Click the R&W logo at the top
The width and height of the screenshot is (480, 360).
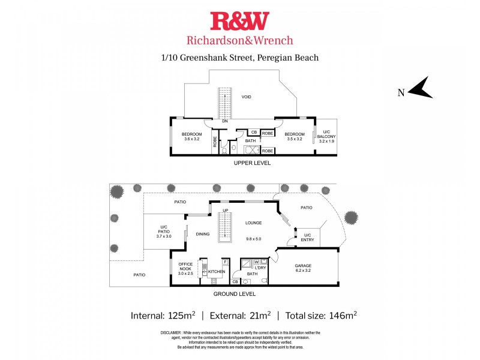[239, 21]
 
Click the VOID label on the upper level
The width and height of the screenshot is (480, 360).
[246, 97]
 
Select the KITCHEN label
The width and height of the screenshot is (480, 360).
[217, 272]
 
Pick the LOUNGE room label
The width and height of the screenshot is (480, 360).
[254, 223]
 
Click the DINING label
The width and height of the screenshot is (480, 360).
[202, 234]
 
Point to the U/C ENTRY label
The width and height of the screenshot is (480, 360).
[307, 238]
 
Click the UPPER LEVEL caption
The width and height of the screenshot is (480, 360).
[252, 163]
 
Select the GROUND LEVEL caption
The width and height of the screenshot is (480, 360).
[235, 294]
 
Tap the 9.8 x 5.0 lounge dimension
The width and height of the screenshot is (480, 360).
[254, 239]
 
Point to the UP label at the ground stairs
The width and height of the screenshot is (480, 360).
[226, 210]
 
